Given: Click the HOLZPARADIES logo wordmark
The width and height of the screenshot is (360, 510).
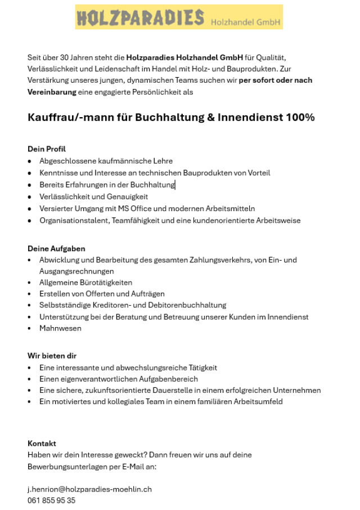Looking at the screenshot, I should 141,17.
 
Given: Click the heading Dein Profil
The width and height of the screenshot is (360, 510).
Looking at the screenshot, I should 47,149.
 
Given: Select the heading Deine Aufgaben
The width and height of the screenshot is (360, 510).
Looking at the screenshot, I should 56,248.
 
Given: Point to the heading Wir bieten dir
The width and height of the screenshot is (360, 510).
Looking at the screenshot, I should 52,356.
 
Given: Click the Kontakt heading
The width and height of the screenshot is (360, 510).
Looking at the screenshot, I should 42,444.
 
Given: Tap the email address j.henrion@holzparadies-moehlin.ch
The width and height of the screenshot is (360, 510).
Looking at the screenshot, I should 89,489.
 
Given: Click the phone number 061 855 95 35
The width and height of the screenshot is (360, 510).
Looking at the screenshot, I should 51,500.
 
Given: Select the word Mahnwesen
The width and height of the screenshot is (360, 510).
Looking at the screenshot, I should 60,328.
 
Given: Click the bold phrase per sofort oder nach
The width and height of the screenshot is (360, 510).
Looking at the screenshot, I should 275,80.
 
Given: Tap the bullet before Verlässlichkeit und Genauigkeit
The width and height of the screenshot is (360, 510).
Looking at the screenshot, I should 30,197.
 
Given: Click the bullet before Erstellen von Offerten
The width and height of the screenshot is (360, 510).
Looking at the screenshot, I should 30,294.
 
